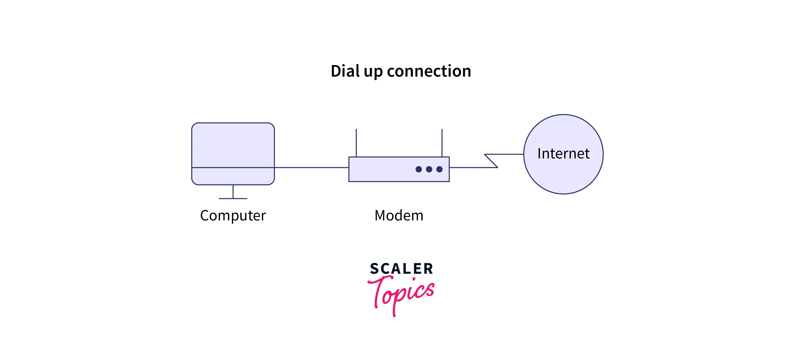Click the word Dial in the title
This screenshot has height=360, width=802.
pos(345,71)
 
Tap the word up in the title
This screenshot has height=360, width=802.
pos(373,72)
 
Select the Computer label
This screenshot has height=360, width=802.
pos(233,215)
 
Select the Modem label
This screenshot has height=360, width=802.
pos(399,215)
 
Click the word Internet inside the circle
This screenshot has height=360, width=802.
pos(563,153)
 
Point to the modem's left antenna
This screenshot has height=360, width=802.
pos(356,143)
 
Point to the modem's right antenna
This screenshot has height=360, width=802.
pos(442,143)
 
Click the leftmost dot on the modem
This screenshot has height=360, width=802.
pos(419,169)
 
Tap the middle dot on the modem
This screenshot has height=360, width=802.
pos(429,169)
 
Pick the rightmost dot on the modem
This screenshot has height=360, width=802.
pos(439,169)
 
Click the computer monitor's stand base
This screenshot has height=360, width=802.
pos(233,198)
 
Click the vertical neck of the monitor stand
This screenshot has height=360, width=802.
pos(233,191)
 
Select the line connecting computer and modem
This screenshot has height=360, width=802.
pos(311,167)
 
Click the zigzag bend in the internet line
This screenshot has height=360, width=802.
pos(491,161)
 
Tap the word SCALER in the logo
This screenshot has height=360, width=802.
pos(401,269)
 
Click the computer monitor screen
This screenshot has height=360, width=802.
pos(233,145)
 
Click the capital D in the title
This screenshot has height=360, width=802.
pos(336,71)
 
